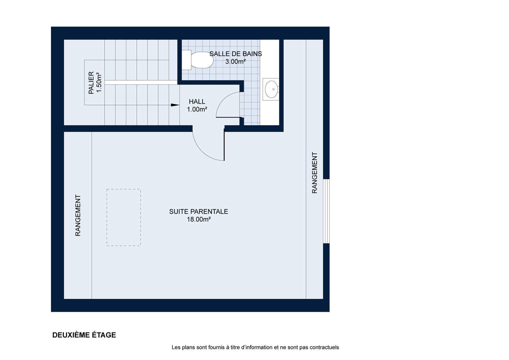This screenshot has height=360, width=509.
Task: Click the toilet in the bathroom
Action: pos(198,60)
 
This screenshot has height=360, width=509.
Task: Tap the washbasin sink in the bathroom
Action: pos(271,89)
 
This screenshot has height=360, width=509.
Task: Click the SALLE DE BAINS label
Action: pos(236,54)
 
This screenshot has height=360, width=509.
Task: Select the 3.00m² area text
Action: pos(235,62)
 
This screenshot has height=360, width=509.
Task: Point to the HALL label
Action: pos(197,102)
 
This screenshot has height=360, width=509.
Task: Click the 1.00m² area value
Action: pos(197,109)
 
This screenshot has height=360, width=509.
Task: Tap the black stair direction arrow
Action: pos(175,105)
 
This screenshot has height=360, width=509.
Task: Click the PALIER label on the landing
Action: pos(91,82)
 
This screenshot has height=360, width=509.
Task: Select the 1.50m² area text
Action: pos(99,82)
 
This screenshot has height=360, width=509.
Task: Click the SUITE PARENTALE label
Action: pos(199,211)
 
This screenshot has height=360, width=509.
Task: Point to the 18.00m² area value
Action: pos(199,219)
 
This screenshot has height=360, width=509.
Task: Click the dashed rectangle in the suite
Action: pos(124,217)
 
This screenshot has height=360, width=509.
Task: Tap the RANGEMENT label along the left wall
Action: pos(78,215)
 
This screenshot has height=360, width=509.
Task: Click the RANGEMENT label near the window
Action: pos(315,173)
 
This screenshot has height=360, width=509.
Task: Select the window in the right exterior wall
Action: pos(326,211)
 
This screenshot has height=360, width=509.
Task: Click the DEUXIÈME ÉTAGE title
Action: pos(84,335)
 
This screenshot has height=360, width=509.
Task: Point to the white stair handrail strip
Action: pos(141,82)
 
